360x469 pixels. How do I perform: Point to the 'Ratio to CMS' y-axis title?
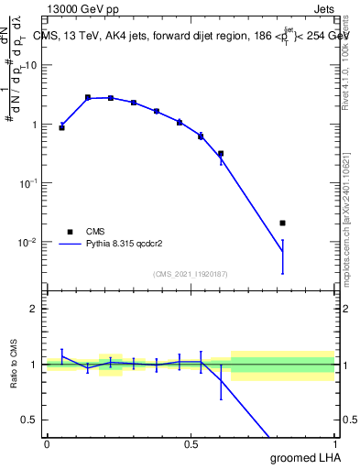pos(15,364)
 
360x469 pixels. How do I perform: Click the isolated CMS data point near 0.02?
pos(282,223)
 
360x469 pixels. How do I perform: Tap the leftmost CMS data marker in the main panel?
pos(61,127)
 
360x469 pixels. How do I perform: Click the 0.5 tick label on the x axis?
pos(191,443)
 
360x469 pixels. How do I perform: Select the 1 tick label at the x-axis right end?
pos(333,443)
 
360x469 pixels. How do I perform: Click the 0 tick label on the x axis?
pos(47,443)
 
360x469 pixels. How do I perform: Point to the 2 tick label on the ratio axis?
pos(34,309)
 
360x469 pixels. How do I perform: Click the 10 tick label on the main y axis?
pos(30,65)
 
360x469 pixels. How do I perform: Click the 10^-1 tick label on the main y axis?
pos(28,183)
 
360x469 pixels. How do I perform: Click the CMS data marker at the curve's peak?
pos(88,97)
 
